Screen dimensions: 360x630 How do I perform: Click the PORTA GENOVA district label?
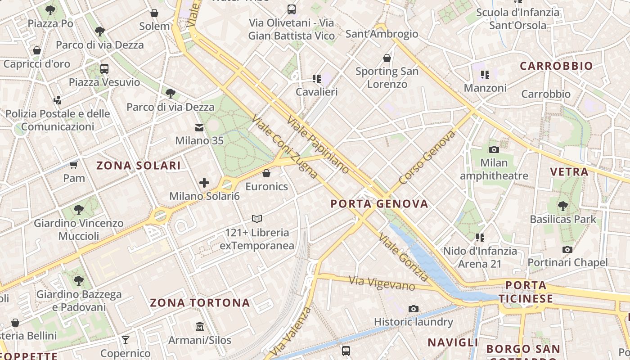click(x=379, y=204)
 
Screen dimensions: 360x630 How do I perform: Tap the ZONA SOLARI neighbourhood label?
click(x=139, y=166)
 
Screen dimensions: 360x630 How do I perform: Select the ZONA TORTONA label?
click(x=200, y=302)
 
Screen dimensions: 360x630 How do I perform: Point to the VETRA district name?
click(x=569, y=171)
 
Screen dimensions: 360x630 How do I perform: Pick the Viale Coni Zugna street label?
click(x=284, y=146)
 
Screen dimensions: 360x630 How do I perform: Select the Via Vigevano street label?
click(x=382, y=283)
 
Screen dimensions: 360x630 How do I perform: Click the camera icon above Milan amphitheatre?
click(x=494, y=149)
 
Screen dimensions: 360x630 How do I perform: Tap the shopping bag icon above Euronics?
click(x=266, y=173)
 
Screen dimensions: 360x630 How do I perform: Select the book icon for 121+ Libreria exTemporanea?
click(x=257, y=219)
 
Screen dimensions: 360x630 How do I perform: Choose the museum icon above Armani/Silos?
click(x=200, y=326)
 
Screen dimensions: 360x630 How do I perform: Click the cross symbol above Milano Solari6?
click(x=204, y=182)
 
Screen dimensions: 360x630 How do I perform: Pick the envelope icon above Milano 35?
click(x=199, y=128)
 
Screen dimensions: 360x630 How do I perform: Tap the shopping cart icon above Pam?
click(x=73, y=165)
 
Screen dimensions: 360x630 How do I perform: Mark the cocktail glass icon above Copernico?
click(x=126, y=340)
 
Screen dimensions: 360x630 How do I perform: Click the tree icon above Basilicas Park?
click(x=562, y=206)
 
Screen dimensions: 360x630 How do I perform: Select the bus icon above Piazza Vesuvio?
click(x=104, y=69)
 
